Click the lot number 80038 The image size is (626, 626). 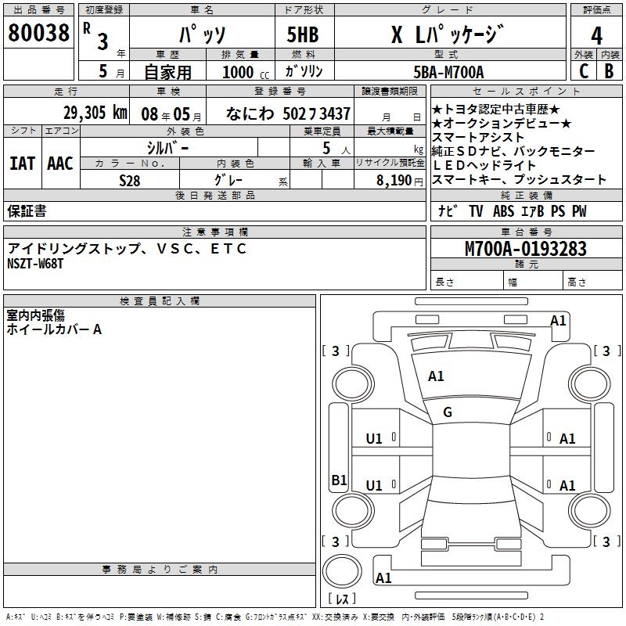38,33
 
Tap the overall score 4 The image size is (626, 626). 596,35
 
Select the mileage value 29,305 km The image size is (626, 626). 95,113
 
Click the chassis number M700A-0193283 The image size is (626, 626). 525,249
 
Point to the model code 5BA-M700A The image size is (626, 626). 448,72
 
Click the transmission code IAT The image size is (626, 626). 22,163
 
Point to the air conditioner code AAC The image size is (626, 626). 59,163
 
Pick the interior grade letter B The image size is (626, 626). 609,72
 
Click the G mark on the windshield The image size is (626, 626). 448,412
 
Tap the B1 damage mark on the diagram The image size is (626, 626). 338,480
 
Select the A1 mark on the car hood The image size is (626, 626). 436,376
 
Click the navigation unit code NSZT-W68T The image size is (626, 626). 35,264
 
